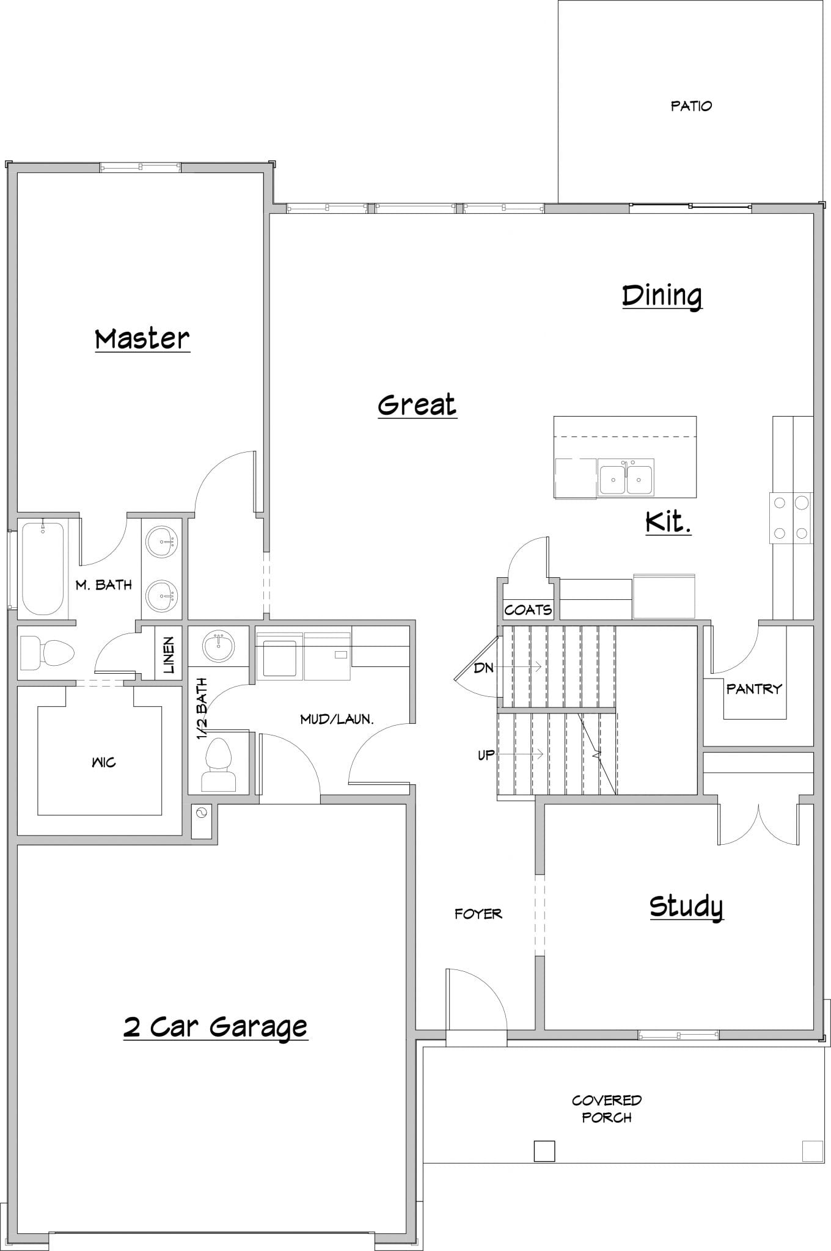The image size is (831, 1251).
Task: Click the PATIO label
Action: tap(691, 106)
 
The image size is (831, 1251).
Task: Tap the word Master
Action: tap(142, 338)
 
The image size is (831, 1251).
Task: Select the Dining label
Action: tap(662, 296)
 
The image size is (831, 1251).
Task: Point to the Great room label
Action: tap(417, 405)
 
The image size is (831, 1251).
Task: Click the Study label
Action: tap(686, 906)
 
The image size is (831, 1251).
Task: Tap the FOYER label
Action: tap(478, 914)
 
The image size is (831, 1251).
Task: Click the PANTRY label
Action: tap(754, 689)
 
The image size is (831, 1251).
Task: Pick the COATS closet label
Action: tap(528, 610)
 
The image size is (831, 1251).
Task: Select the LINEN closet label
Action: tap(169, 655)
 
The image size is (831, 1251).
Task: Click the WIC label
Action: tap(103, 762)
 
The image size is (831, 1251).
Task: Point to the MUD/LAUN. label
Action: tap(337, 719)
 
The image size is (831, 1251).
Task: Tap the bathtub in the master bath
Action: tap(42, 568)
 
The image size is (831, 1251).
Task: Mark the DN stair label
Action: tap(483, 668)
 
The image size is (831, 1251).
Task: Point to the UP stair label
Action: tap(486, 756)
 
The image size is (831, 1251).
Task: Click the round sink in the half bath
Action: tap(218, 646)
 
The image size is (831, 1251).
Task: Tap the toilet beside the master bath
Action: tap(46, 652)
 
